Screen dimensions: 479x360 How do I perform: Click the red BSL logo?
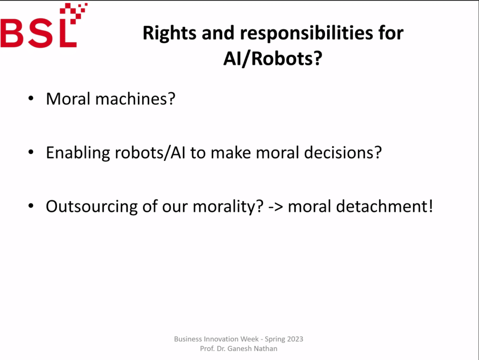point(44,26)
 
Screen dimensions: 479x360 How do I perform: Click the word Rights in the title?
point(169,33)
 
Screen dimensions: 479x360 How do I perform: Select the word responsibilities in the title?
point(306,34)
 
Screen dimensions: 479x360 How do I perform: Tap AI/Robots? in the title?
point(273,58)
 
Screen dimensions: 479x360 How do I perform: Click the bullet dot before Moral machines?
point(31,98)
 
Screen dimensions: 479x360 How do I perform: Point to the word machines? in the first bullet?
point(135,99)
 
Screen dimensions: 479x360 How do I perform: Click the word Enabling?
point(78,153)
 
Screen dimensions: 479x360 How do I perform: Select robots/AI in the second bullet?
point(150,152)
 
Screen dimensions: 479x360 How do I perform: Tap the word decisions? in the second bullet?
point(343,152)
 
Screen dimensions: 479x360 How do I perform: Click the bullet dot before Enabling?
point(31,152)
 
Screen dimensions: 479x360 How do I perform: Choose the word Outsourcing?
point(92,206)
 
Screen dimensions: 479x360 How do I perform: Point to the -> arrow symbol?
point(276,207)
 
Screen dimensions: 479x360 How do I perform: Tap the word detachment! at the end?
point(385,206)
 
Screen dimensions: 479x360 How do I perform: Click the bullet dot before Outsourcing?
point(31,206)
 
